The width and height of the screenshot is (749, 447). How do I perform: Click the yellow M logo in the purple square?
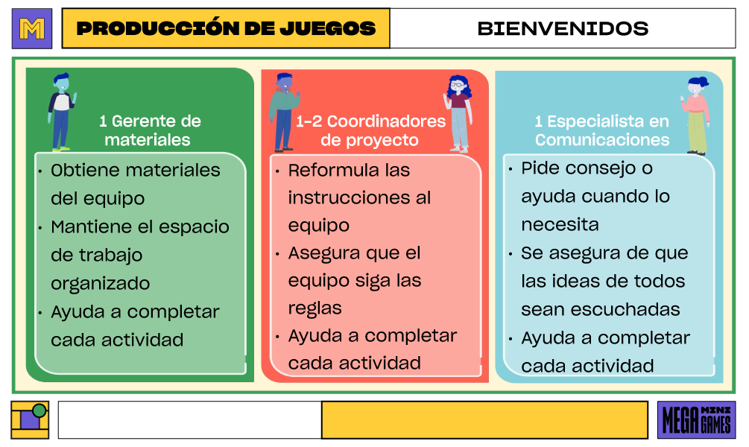point(32,29)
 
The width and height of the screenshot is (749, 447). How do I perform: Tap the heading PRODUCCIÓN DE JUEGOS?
point(226,29)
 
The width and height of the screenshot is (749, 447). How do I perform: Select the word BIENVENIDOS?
point(563,29)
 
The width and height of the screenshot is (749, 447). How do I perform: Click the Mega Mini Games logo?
point(696,420)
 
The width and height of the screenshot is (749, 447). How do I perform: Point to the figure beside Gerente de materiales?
point(61,112)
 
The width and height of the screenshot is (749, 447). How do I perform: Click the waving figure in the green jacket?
point(284,112)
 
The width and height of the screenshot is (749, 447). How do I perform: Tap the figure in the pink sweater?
point(696,115)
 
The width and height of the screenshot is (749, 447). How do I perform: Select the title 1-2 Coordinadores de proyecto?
point(370,130)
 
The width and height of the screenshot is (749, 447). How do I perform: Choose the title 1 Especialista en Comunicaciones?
point(602,130)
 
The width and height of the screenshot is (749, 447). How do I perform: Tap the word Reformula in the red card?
point(324,170)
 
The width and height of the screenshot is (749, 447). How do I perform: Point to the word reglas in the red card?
point(315,308)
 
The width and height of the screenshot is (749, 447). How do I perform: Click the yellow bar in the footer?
point(484,420)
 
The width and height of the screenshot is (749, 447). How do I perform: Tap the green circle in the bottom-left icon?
point(39,410)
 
